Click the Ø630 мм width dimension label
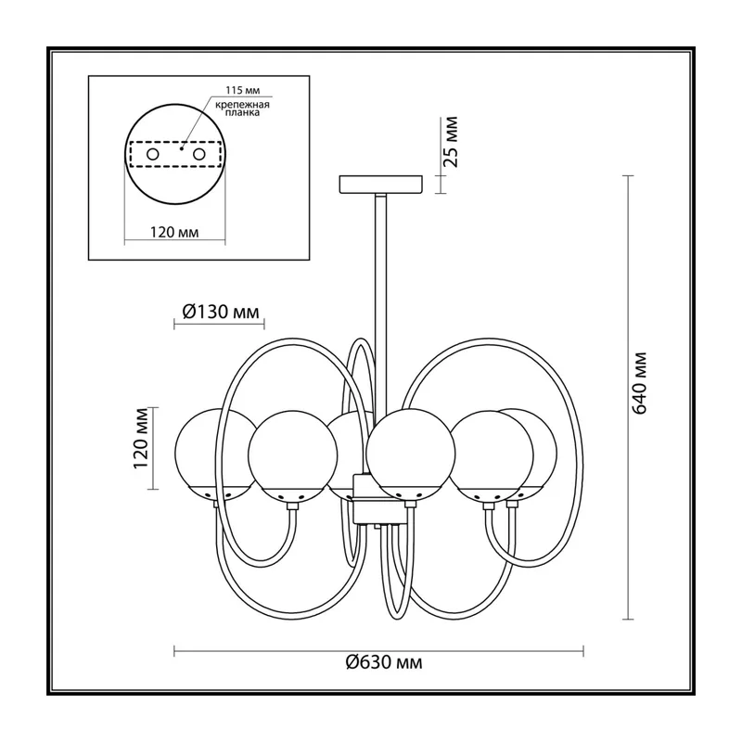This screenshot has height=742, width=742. point(384,662)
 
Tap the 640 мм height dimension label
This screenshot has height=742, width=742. point(639,383)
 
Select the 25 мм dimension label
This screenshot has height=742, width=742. point(452,142)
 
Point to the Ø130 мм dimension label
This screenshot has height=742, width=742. point(221,312)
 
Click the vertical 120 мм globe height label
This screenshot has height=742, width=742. point(141,438)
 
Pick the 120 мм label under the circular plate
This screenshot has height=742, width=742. point(174,233)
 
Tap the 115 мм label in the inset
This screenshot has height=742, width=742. point(243,90)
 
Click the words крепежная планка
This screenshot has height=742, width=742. point(242,109)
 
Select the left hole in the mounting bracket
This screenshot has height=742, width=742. point(153,154)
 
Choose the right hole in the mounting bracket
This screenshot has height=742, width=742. point(198,154)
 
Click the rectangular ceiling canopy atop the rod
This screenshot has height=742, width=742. point(380,185)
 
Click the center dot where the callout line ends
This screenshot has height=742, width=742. point(181,148)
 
